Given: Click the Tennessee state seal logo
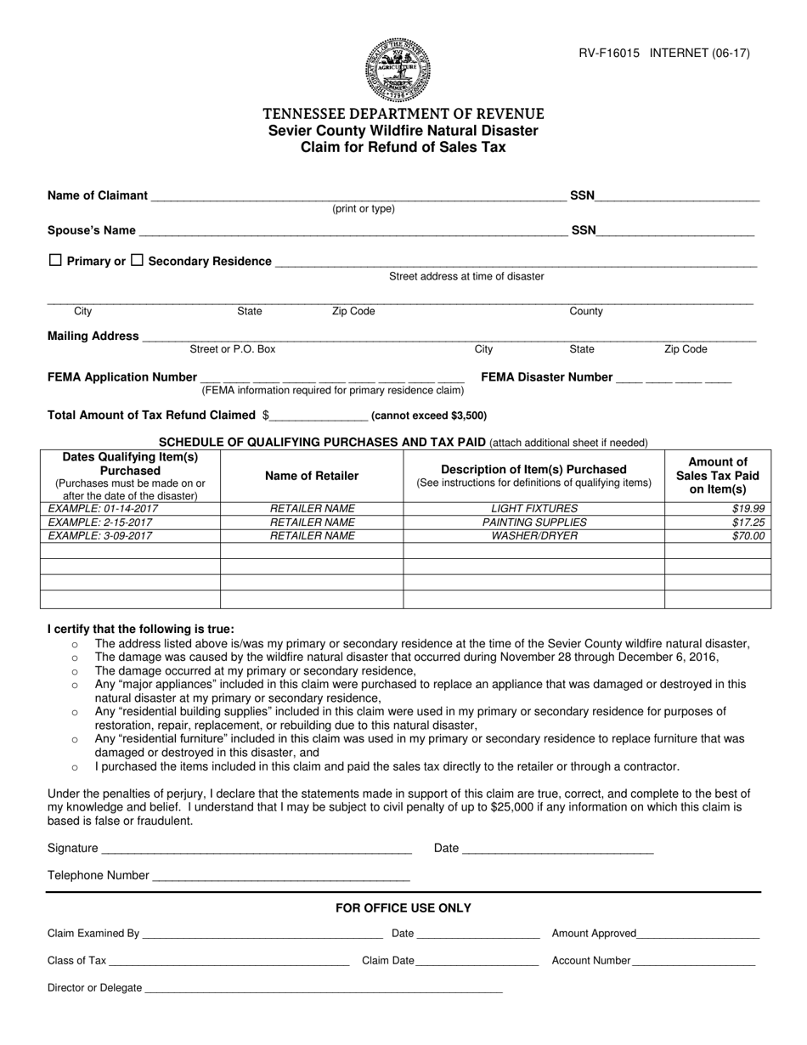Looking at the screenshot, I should (x=398, y=70).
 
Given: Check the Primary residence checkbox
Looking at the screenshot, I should (x=55, y=261).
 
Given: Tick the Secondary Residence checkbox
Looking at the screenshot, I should (x=137, y=261).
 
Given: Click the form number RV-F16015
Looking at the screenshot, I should (x=609, y=53).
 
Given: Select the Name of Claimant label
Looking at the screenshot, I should (x=98, y=195).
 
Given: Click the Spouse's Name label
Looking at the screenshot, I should (x=92, y=230).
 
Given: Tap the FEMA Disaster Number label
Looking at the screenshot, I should (x=546, y=377).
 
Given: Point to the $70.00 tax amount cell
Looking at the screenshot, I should (x=748, y=536).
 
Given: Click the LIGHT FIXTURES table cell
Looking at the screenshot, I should (x=533, y=509).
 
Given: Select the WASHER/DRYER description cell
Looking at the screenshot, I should (x=533, y=536).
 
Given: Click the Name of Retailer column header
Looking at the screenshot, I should (x=312, y=476).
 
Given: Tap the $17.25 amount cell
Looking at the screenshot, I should (x=748, y=522).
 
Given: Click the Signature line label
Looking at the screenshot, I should (x=73, y=848).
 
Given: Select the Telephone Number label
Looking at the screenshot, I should (x=99, y=875).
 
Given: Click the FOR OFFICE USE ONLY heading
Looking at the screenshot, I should (x=403, y=908).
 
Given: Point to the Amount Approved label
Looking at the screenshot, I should (x=594, y=933).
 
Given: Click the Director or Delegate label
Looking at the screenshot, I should (x=95, y=988).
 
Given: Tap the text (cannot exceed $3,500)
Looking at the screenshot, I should (x=429, y=416).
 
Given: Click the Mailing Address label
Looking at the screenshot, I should (x=93, y=336).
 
